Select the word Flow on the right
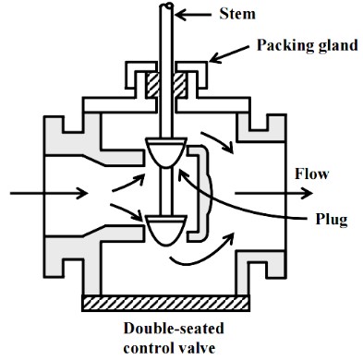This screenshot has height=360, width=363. coord(311,174)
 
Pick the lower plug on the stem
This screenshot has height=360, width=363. coord(165,229)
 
